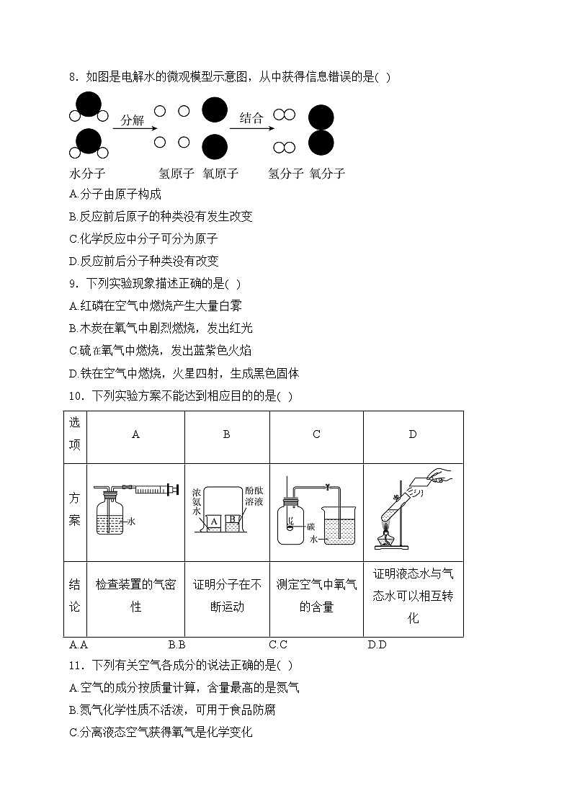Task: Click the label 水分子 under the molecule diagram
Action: [87, 174]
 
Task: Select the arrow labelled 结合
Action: [250, 128]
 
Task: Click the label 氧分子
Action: [327, 174]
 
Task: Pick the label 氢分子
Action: [285, 174]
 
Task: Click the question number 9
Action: [73, 283]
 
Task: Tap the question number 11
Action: [76, 665]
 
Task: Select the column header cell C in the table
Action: [316, 434]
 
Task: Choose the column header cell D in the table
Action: [413, 434]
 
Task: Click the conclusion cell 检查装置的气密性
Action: [136, 596]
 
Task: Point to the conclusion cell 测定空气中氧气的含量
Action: [316, 596]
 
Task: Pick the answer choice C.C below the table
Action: [278, 644]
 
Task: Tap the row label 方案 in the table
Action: [75, 509]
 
